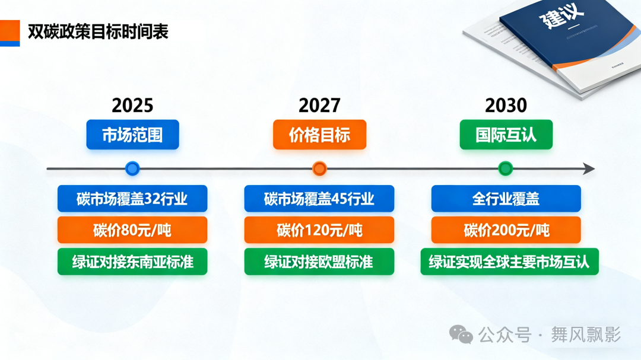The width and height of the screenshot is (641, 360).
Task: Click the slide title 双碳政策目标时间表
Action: pos(98,32)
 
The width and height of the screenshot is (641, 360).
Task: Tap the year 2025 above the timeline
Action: pos(132,106)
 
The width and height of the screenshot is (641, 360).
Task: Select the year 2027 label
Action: pos(319,106)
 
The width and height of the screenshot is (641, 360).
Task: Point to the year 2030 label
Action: pos(506,106)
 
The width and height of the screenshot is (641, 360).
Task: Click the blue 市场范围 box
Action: pos(132,135)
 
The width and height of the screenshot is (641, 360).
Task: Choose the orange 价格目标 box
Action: pos(320,135)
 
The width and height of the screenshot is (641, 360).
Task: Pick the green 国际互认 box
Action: pos(506,135)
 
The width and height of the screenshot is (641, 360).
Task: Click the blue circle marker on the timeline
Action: pos(132,168)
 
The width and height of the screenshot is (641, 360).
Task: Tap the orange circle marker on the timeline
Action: pos(319,168)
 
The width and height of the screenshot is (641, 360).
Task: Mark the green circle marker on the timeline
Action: pos(506,168)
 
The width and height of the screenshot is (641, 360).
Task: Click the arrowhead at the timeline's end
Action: pos(589,168)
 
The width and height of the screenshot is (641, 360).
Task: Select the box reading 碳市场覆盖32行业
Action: pos(132,199)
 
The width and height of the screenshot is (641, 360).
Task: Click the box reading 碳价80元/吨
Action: pos(132,230)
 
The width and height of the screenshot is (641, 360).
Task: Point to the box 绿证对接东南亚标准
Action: pos(132,262)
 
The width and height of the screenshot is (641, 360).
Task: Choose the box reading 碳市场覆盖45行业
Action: pos(319,199)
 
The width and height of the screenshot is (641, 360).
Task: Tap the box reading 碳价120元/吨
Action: pos(319,230)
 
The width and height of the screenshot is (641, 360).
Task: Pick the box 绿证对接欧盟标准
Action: pos(319,262)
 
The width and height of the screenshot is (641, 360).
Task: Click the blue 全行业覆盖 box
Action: pos(506,199)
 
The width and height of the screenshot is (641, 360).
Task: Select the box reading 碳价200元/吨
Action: pos(506,230)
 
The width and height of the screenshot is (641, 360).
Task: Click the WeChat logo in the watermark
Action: pos(461,334)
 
